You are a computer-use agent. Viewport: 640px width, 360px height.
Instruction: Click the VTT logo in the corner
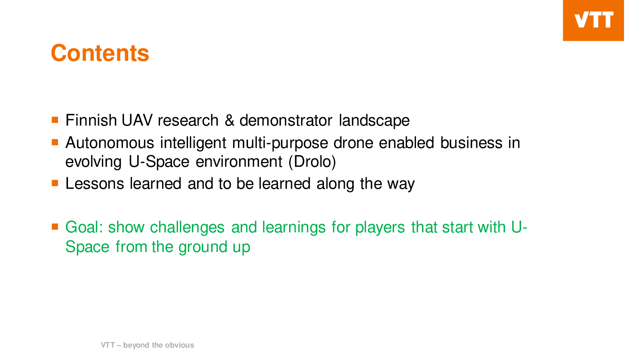click(593, 20)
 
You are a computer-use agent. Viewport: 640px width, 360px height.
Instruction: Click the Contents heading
click(100, 53)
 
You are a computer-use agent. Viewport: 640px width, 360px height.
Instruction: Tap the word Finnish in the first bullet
click(91, 120)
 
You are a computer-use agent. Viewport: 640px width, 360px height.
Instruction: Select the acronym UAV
click(137, 120)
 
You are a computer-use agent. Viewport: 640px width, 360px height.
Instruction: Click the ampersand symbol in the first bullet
click(230, 120)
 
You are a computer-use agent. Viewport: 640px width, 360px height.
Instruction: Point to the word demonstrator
click(286, 120)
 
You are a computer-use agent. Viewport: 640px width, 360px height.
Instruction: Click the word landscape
click(374, 120)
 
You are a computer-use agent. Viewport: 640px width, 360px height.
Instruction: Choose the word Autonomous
click(110, 142)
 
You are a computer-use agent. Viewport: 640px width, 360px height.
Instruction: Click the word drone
click(354, 142)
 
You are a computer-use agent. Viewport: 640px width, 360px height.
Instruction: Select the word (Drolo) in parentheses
click(312, 162)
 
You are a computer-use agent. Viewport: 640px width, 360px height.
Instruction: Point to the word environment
click(239, 162)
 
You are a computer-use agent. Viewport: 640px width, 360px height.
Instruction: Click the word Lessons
click(95, 184)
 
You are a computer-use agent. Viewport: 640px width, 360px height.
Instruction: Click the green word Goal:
click(84, 227)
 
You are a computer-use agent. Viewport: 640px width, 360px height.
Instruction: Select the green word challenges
click(187, 228)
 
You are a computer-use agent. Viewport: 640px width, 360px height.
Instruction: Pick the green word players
click(380, 228)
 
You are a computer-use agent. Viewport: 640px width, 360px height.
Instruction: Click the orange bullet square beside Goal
click(55, 227)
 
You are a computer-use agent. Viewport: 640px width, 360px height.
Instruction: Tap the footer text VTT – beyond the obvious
click(148, 345)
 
